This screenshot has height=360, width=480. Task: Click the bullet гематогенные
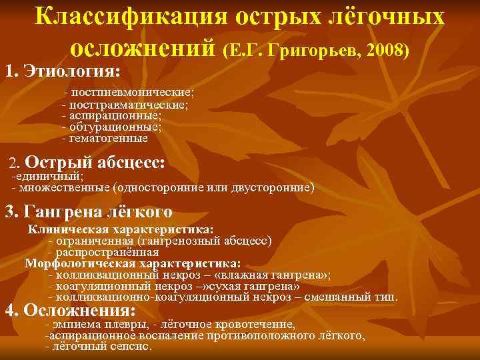coord(108,138)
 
